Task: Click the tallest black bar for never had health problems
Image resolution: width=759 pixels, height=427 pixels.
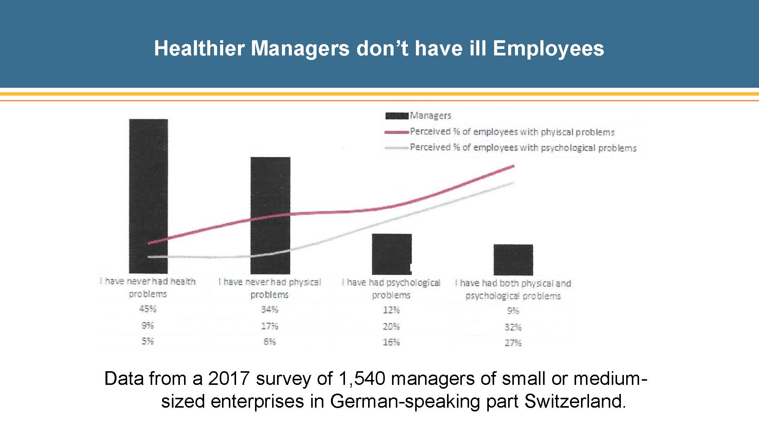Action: click(148, 195)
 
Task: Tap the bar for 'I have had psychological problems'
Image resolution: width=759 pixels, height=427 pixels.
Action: click(392, 254)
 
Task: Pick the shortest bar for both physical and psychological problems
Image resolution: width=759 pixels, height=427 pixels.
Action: click(513, 260)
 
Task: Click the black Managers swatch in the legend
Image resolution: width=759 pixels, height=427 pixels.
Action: click(397, 115)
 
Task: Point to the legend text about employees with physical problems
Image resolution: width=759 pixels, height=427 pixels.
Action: click(512, 132)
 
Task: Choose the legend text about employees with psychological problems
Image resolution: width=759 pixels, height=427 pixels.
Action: click(523, 148)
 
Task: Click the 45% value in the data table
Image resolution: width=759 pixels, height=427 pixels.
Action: click(148, 309)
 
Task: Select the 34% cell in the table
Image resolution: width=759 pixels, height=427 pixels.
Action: click(269, 309)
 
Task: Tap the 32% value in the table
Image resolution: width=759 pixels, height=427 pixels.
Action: click(513, 327)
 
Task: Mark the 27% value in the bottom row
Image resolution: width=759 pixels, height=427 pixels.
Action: click(513, 343)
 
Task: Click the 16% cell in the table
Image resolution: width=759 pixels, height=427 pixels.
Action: click(391, 342)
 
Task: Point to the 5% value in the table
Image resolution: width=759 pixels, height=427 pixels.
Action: click(148, 341)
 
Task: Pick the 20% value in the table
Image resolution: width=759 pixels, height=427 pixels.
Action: click(391, 326)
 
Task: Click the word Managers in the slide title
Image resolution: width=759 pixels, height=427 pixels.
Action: click(300, 49)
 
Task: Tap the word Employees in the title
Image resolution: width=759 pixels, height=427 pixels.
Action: click(548, 49)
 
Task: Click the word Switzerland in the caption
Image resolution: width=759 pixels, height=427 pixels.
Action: click(575, 401)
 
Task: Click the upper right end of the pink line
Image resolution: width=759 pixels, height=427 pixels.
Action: click(513, 166)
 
